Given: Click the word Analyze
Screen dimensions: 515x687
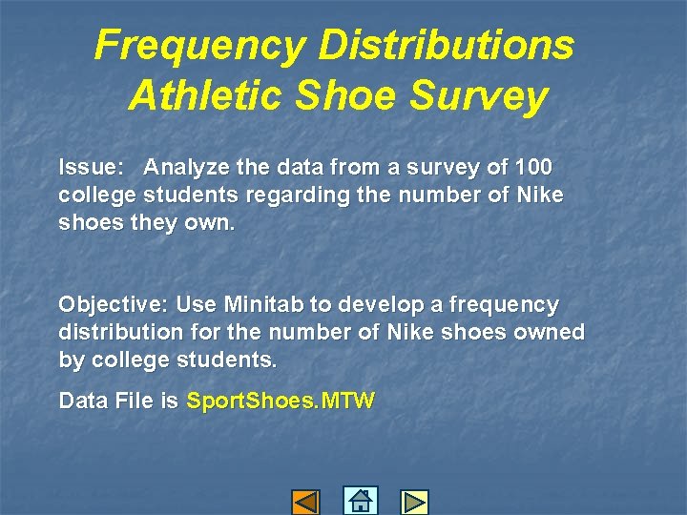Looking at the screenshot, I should (188, 168).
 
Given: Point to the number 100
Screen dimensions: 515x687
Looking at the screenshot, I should (532, 168).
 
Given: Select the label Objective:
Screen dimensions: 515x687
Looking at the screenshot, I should (113, 305).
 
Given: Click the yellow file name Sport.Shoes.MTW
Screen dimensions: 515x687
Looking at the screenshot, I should (281, 402).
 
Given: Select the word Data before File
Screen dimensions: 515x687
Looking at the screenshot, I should (80, 402).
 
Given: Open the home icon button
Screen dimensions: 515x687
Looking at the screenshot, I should (360, 501).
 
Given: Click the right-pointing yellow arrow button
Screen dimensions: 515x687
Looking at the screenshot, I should (414, 502).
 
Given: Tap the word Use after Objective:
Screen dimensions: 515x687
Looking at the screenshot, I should (197, 305).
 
